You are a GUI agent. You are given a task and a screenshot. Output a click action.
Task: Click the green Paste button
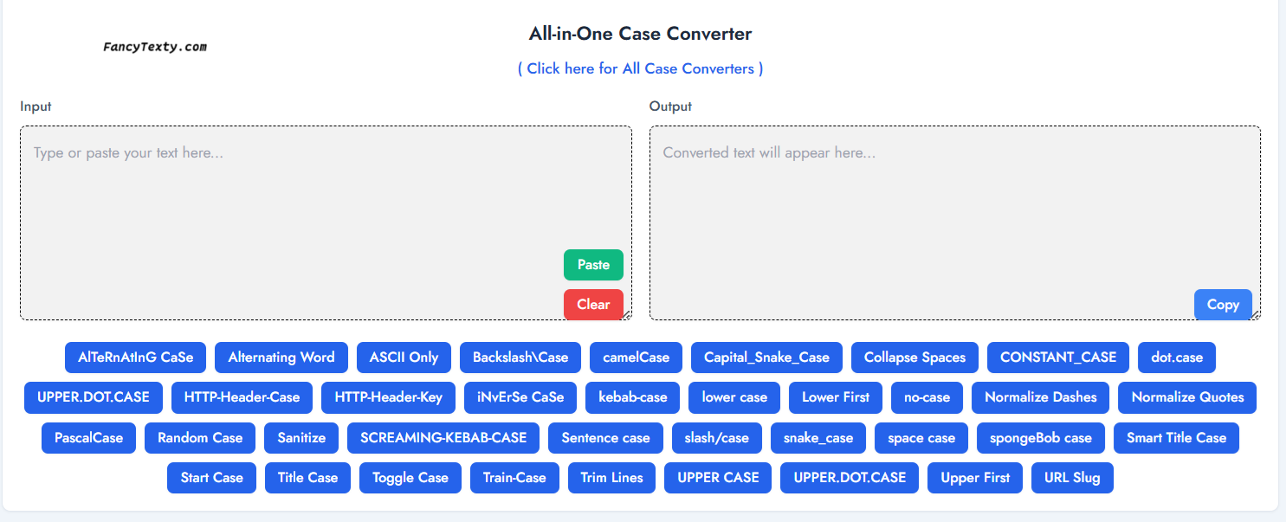593,265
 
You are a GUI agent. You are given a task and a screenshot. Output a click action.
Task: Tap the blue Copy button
1223,305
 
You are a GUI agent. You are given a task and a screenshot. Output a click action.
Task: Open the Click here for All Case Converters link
640,69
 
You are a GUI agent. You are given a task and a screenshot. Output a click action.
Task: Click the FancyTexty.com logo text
155,47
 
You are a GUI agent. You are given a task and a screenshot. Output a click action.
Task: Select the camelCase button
637,358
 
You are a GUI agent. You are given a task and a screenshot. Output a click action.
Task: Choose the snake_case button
818,438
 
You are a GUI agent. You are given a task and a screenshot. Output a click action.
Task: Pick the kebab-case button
633,397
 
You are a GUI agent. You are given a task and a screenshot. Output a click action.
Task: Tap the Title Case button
307,478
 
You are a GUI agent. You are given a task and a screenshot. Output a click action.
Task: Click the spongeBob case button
1041,438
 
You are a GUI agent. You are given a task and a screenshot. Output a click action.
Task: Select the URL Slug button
1072,478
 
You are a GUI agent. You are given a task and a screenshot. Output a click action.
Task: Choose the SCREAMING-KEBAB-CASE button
443,438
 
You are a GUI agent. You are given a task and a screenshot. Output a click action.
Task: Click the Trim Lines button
611,478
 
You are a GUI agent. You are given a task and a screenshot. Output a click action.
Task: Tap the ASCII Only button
404,358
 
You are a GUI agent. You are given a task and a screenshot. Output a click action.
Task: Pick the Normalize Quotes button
1187,397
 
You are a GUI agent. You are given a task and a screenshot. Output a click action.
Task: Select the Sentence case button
605,438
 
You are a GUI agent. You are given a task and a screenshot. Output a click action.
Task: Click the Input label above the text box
36,106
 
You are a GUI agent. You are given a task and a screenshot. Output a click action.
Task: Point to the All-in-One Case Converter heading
640,34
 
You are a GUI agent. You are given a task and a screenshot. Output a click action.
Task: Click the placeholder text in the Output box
769,153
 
